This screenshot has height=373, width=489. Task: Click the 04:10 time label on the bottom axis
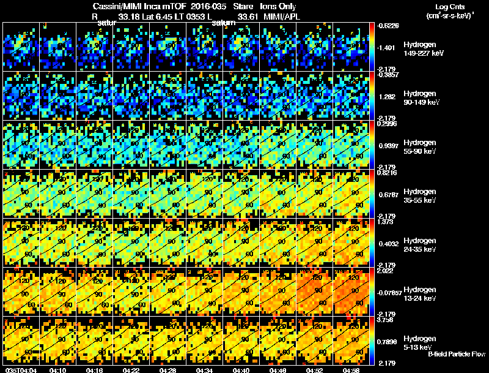(x=59, y=370)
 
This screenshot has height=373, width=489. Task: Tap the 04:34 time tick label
(x=205, y=370)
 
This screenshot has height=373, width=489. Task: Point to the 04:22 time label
(x=132, y=370)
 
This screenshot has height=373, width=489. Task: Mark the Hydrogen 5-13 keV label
(x=419, y=342)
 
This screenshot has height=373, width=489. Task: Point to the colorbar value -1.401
(x=389, y=47)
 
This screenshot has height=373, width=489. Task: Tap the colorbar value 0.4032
(x=389, y=243)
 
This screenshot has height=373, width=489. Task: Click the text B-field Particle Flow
(x=456, y=354)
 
